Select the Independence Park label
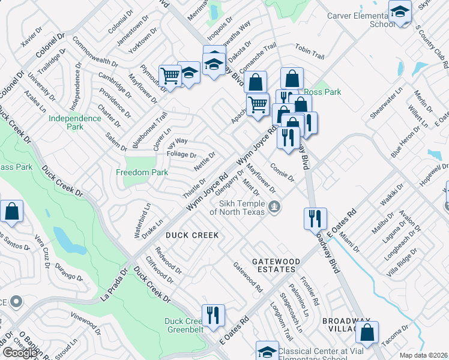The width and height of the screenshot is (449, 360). pos(74,122)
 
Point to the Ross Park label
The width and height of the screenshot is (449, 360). pos(322,92)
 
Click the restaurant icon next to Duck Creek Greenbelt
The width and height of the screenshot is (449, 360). pos(212,315)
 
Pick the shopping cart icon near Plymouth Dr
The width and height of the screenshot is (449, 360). pos(170,76)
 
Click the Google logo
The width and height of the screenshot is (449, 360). pos(20,353)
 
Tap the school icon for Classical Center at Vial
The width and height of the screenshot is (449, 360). pos(267,351)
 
